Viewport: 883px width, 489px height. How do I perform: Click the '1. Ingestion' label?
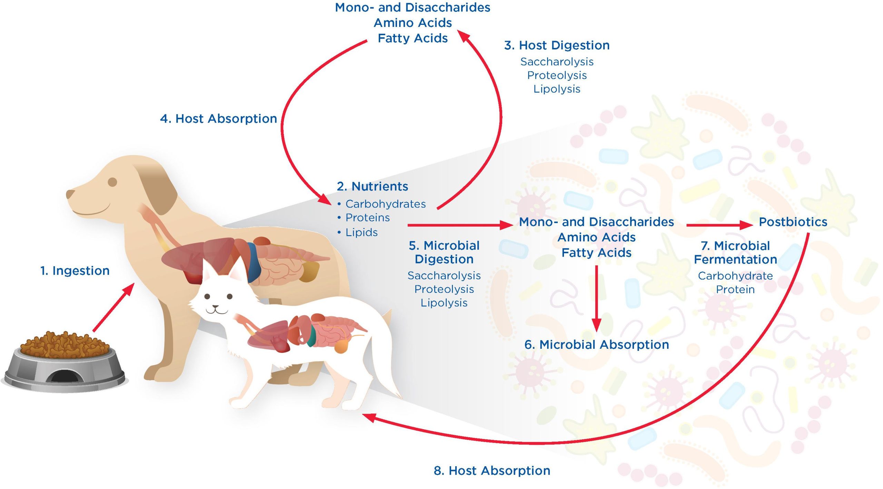coord(75,271)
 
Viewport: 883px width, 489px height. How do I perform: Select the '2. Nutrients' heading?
coord(373,186)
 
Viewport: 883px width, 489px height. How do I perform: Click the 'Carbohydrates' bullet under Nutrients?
coord(385,204)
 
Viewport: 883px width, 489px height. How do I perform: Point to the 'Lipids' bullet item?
coord(361,232)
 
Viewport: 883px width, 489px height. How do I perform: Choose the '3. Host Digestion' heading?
coord(557,45)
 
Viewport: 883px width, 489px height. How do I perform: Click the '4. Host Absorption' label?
coord(218,119)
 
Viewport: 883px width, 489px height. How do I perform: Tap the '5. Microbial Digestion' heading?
coord(444,252)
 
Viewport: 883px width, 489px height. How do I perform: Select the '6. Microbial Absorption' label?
coord(596,345)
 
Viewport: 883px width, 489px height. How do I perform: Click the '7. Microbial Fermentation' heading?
coord(735,252)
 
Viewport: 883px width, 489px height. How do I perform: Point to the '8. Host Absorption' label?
coord(492,471)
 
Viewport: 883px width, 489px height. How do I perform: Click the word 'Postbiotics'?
coord(793,222)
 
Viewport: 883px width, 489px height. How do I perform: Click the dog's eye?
coord(112,182)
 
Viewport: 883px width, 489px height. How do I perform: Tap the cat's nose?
coord(216,306)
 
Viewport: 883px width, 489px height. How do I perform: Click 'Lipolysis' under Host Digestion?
coord(557,89)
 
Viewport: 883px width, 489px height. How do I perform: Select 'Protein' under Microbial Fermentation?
coord(735,289)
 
